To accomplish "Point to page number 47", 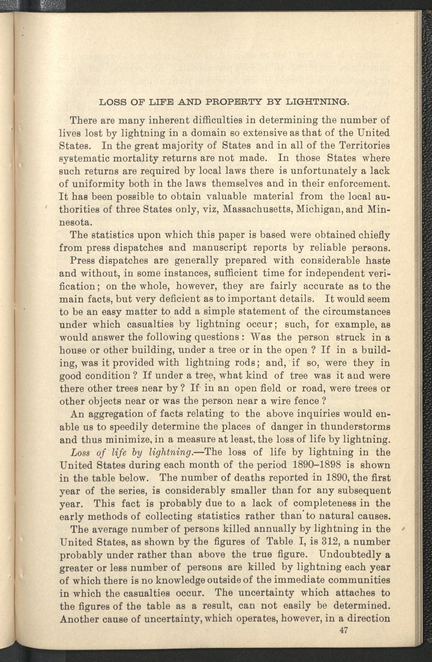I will pyautogui.click(x=344, y=630).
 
